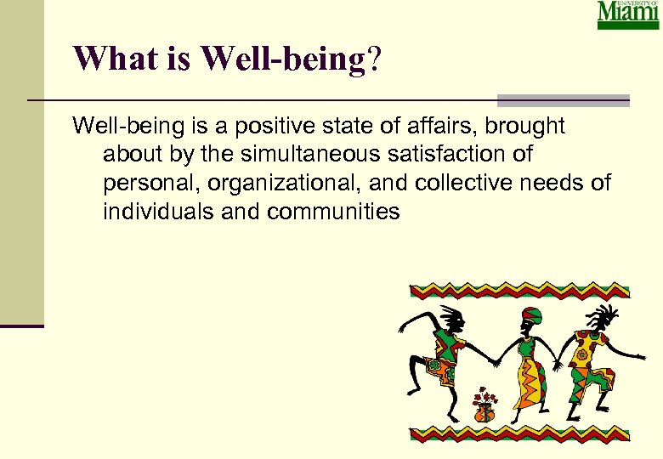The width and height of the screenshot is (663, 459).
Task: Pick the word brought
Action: coord(526,127)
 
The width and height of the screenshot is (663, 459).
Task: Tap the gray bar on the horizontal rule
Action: coord(563,100)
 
